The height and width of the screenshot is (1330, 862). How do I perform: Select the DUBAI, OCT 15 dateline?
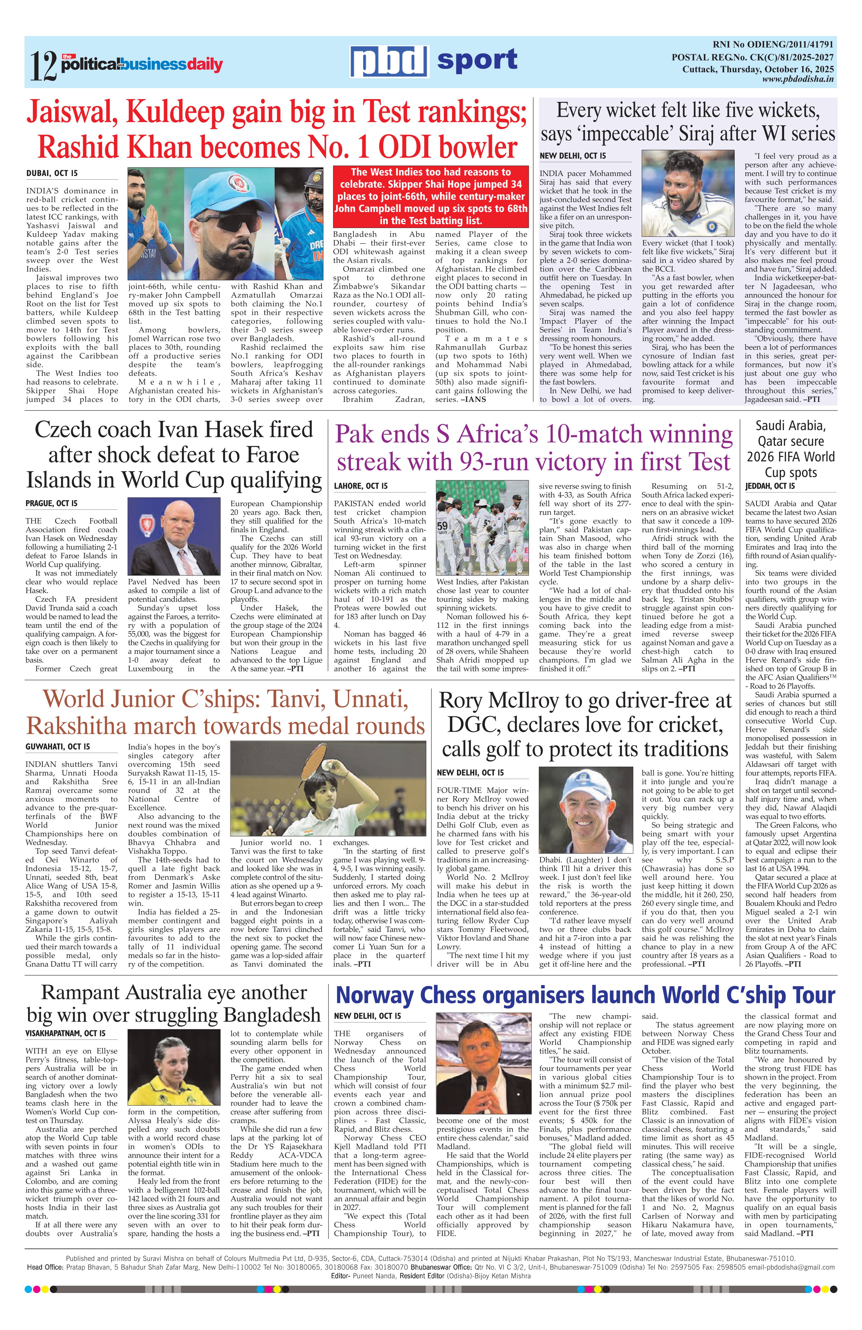pos(52,174)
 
